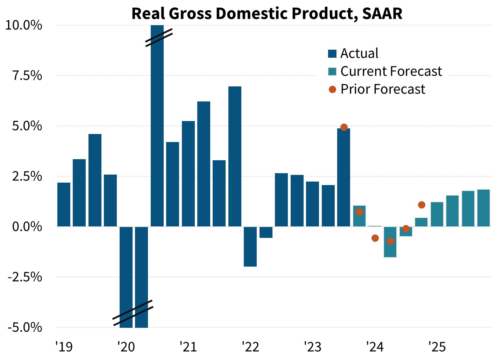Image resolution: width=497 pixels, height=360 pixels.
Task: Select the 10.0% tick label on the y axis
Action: [24, 25]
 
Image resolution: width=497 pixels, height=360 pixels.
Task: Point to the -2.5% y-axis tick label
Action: [24, 277]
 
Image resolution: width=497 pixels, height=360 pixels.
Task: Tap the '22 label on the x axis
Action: [250, 347]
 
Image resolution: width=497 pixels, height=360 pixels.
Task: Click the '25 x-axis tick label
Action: [437, 347]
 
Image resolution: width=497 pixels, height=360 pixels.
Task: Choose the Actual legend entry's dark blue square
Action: [332, 54]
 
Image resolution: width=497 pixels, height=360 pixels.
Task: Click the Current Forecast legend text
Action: [391, 71]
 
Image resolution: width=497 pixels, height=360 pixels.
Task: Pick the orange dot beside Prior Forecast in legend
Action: [332, 90]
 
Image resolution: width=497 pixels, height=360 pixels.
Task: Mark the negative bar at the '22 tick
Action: [250, 247]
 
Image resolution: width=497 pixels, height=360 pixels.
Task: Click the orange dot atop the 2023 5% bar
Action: [344, 127]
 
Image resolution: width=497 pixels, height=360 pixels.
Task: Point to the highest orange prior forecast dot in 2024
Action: [421, 205]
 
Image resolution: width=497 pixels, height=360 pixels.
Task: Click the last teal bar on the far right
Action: [483, 208]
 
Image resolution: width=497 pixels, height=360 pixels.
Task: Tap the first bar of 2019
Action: [64, 205]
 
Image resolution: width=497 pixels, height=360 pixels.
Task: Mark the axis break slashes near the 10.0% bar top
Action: [159, 38]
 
